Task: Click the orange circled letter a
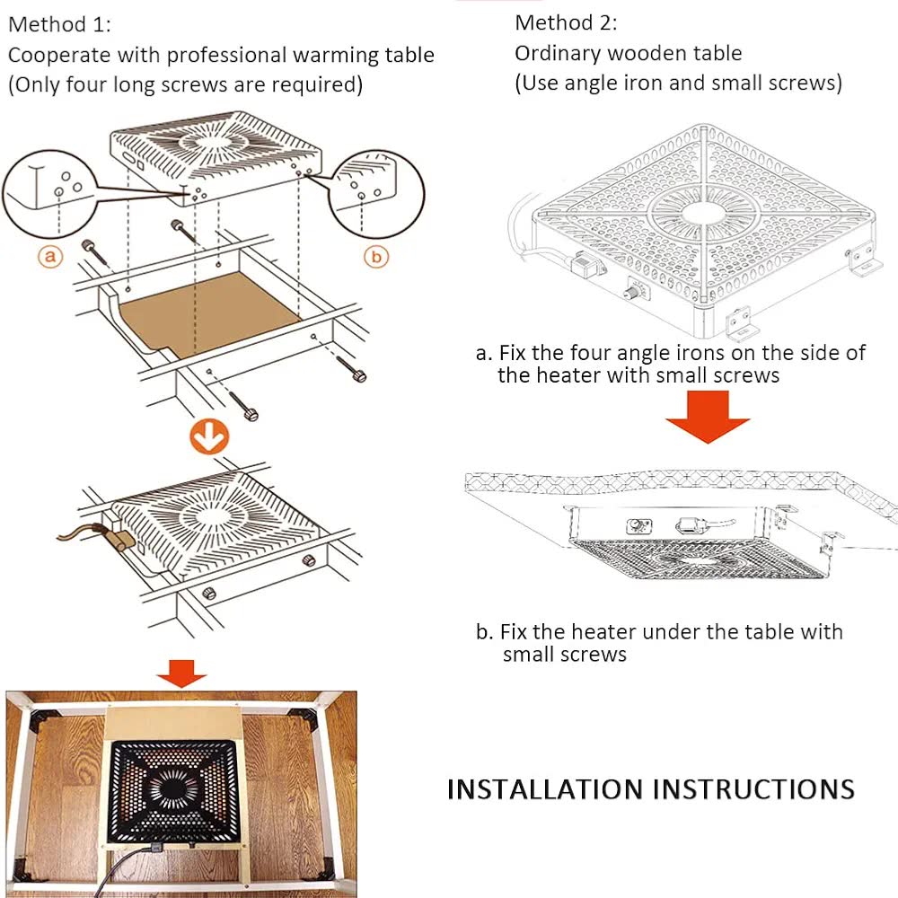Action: [50, 256]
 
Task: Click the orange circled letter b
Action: [376, 257]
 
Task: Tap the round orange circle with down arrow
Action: [209, 437]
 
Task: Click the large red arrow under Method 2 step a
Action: [708, 417]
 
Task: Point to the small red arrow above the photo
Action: [181, 673]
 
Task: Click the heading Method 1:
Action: [59, 24]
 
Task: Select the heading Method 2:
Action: [566, 23]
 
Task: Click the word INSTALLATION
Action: [545, 789]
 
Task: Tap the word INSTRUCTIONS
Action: [753, 789]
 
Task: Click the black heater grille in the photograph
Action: [173, 790]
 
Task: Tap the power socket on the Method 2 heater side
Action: [586, 265]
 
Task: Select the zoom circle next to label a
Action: [48, 193]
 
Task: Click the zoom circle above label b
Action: [376, 194]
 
